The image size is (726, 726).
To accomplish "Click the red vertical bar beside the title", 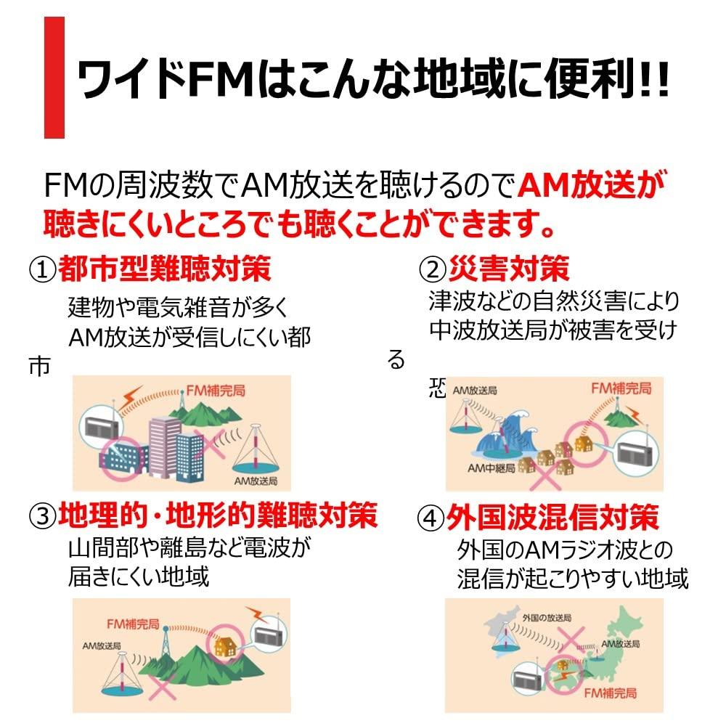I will pos(54,78).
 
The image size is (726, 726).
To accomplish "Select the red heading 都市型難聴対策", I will pos(165,269).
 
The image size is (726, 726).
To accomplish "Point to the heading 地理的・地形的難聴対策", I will pos(218,517).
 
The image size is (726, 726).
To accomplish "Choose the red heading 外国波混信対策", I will pos(552,518).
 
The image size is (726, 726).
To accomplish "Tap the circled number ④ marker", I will pos(431,519).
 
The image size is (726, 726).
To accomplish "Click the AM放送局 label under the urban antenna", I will pos(256,481).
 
